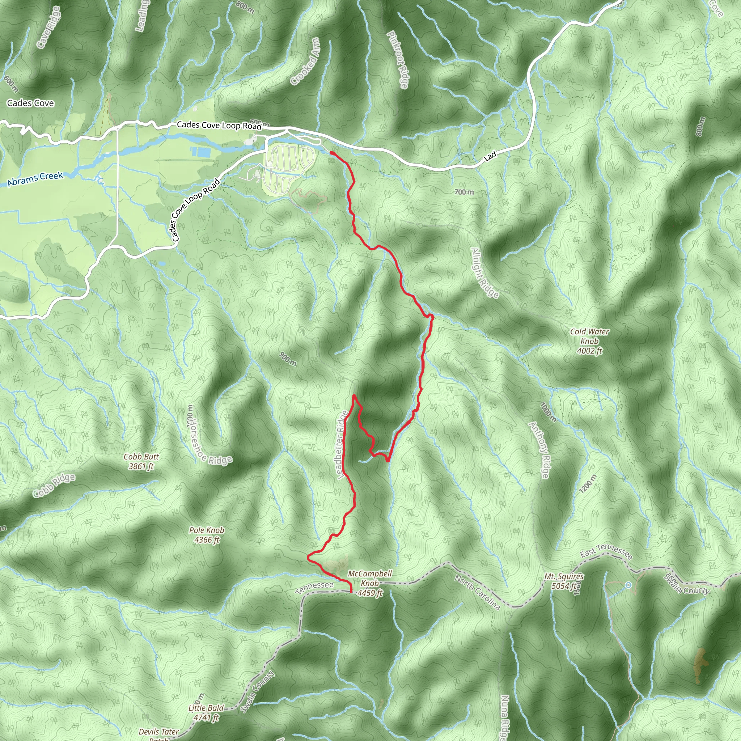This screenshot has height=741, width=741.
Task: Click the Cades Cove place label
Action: (30, 103)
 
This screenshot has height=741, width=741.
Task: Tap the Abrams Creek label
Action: (35, 179)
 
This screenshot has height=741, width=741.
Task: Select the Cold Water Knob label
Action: (589, 341)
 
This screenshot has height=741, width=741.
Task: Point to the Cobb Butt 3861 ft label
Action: (141, 461)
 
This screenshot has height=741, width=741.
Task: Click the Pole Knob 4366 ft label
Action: (207, 535)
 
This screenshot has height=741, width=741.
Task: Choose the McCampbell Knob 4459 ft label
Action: (370, 583)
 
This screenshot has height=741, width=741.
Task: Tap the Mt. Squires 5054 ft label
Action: (564, 581)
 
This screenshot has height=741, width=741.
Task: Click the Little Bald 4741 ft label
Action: (206, 713)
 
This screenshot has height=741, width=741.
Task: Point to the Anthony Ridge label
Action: (539, 449)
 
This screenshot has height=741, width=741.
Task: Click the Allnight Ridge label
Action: (485, 273)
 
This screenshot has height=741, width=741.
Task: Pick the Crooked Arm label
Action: (305, 62)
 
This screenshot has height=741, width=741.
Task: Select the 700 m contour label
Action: (464, 192)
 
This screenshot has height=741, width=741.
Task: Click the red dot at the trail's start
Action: (332, 153)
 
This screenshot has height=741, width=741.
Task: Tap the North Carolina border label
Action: (478, 592)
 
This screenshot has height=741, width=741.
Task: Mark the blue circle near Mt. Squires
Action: (628, 585)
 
